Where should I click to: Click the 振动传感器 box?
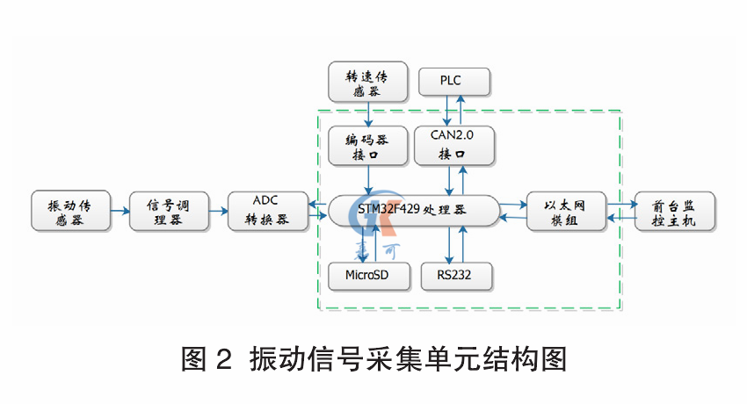pyautogui.click(x=69, y=212)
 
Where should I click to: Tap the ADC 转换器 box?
pyautogui.click(x=266, y=212)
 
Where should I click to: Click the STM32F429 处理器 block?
pyautogui.click(x=412, y=212)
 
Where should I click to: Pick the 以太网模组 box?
pyautogui.click(x=566, y=212)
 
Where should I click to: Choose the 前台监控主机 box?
pyautogui.click(x=676, y=212)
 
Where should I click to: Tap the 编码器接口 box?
pyautogui.click(x=367, y=146)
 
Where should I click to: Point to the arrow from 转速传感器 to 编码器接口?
pyautogui.click(x=368, y=114)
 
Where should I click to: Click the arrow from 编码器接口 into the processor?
pyautogui.click(x=368, y=181)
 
